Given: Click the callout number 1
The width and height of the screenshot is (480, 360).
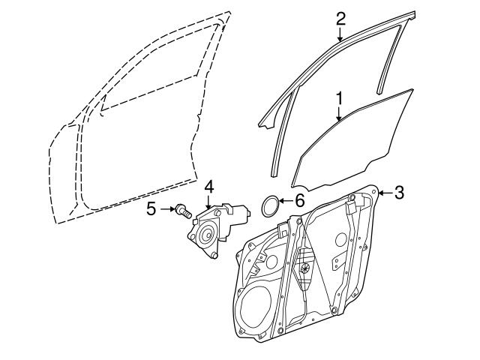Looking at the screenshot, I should (339, 97).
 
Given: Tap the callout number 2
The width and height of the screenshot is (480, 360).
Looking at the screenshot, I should (340, 17).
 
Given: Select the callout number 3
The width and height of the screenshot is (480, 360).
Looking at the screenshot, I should (399, 193).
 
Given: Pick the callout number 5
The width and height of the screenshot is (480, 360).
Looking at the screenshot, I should (151, 209).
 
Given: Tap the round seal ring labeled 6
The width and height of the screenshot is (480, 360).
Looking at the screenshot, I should (270, 203).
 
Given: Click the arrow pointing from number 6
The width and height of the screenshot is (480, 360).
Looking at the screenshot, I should (285, 201).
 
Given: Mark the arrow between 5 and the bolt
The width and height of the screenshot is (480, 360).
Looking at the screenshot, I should (166, 209).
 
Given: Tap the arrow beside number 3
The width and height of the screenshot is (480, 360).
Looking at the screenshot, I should (385, 193).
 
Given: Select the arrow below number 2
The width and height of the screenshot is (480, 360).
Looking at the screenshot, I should (340, 34).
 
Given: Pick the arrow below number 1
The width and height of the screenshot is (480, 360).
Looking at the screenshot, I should (339, 114).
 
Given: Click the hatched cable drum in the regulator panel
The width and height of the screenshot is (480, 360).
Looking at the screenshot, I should (306, 266).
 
